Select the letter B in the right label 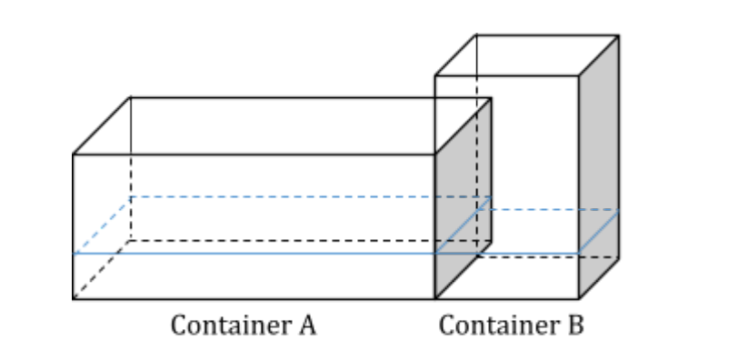coord(574,325)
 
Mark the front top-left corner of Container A coord(74,155)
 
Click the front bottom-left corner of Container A coord(74,299)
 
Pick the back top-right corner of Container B coord(619,35)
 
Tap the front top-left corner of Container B coord(435,75)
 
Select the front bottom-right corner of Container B coord(579,299)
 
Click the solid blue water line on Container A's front coord(254,254)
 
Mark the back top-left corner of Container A coord(130,97)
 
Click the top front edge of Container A coord(254,155)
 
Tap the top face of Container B coord(527,55)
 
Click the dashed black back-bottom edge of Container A coord(300,241)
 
